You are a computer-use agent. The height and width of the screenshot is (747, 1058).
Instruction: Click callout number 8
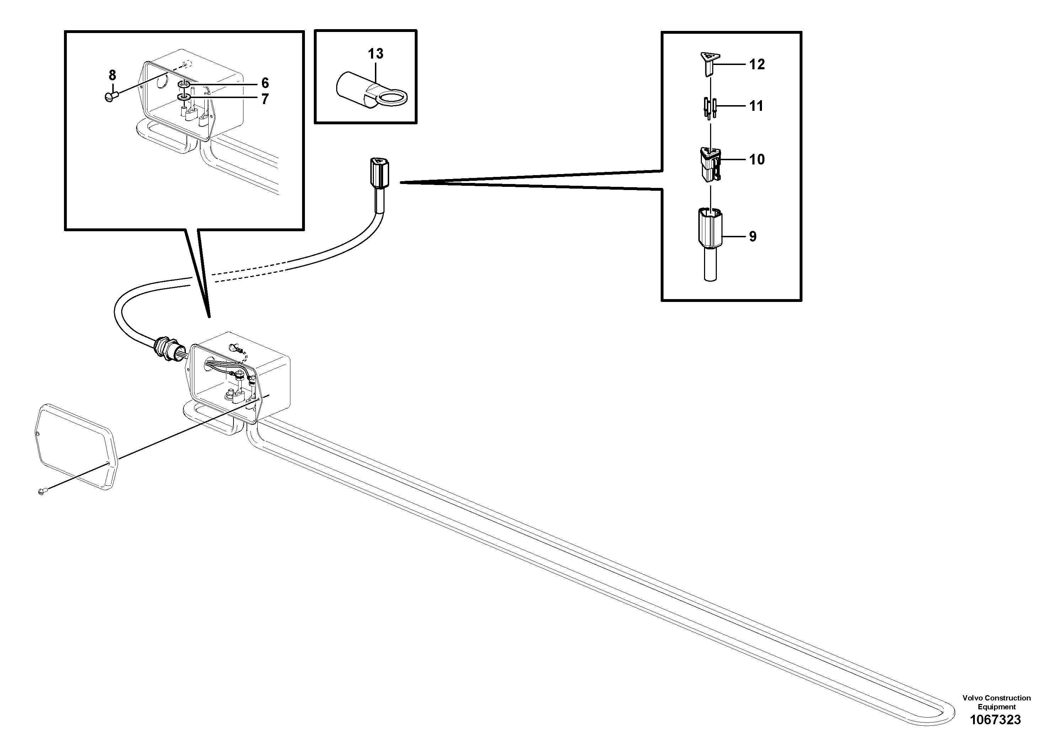click(112, 75)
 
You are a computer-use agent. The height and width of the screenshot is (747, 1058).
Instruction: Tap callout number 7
click(265, 99)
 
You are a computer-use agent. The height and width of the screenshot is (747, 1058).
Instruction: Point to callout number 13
click(376, 54)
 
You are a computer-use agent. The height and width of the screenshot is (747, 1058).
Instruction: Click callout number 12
click(757, 65)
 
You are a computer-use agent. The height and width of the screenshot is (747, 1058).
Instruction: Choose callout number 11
click(756, 107)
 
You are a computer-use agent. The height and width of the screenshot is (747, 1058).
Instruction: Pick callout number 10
click(757, 160)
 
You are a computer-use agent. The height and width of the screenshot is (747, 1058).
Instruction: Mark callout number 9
click(752, 237)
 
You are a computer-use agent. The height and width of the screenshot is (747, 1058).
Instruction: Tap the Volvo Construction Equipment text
click(996, 702)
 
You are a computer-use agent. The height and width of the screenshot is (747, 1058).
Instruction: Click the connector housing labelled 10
click(710, 165)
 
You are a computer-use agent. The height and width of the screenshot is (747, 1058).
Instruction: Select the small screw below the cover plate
click(42, 492)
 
